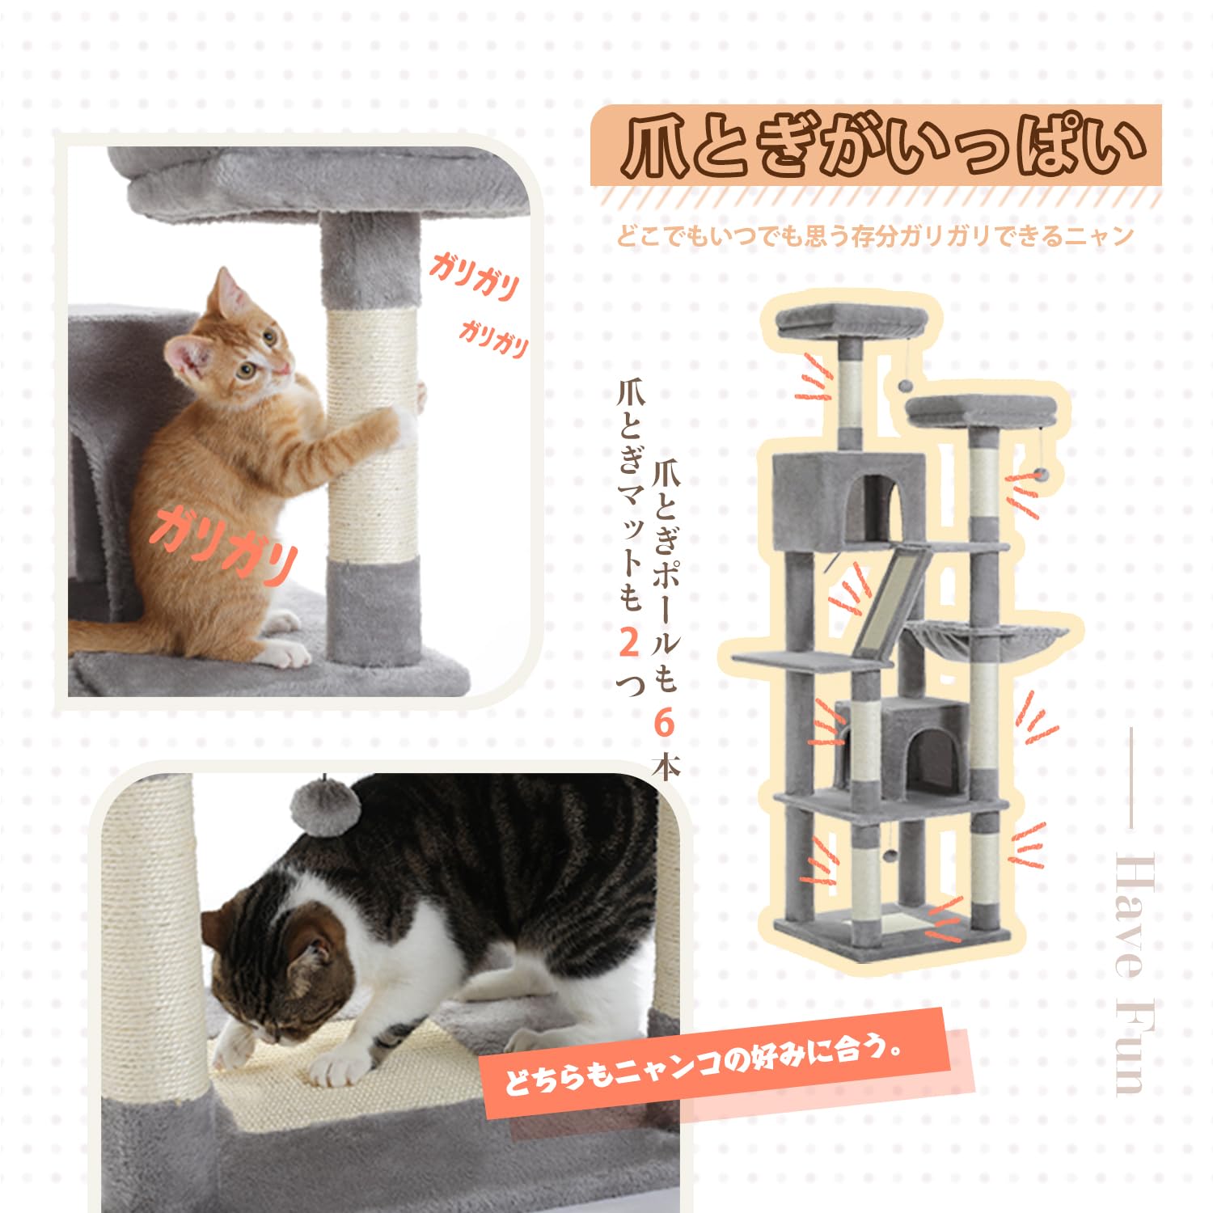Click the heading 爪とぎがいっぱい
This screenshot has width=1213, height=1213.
click(877, 147)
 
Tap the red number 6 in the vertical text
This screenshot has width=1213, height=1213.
click(664, 724)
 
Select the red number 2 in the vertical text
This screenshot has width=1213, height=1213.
click(629, 643)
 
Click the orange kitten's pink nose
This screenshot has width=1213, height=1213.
click(282, 370)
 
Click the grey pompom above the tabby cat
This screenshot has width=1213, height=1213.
click(323, 801)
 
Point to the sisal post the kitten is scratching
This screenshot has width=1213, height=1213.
click(372, 437)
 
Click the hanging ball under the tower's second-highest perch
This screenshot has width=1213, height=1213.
click(1043, 471)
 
